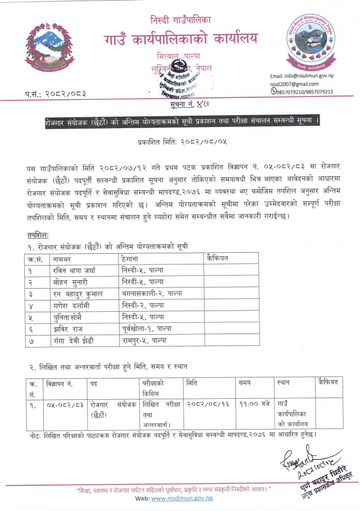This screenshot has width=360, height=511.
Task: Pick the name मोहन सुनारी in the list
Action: click(x=72, y=282)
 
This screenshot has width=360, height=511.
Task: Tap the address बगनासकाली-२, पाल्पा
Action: click(x=152, y=294)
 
